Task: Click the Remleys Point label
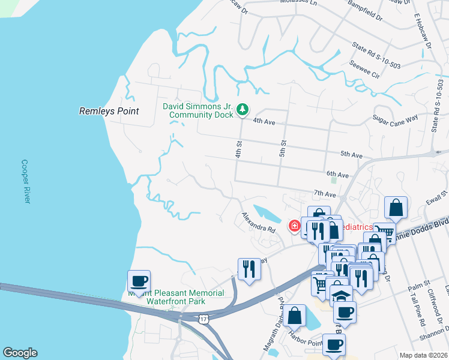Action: click(109, 111)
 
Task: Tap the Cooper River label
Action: click(25, 181)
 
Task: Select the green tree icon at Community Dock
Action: click(243, 109)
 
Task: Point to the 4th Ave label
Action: click(264, 122)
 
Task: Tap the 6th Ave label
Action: click(338, 175)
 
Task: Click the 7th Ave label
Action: click(324, 194)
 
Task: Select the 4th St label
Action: click(238, 150)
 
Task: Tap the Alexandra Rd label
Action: click(258, 222)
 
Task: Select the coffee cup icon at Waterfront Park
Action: click(139, 281)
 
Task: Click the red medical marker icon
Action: click(295, 226)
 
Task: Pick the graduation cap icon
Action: click(341, 296)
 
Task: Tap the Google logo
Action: click(20, 353)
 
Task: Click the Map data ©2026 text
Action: click(423, 355)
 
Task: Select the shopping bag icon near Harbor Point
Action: click(295, 315)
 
